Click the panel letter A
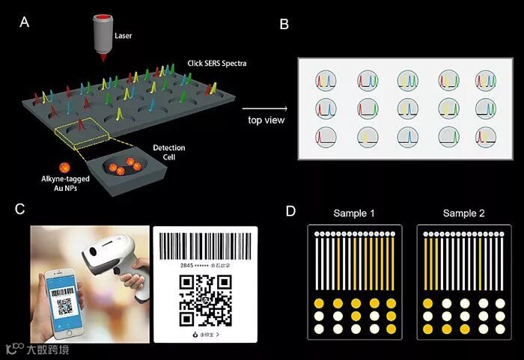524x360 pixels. coord(25,22)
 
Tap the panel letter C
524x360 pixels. coord(22,210)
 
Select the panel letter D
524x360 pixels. coord(291,211)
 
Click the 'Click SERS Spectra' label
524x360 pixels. coord(216,64)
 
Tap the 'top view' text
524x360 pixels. coord(266,120)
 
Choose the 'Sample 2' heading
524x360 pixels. coord(464,213)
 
